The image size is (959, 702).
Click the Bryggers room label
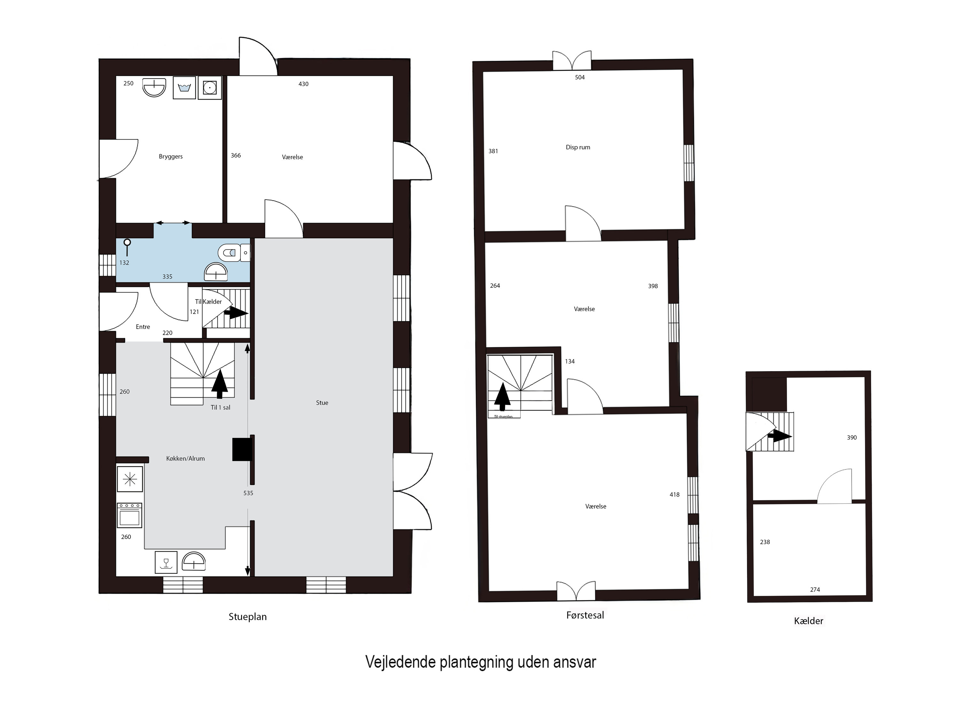(x=170, y=156)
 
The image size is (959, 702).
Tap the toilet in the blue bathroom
(x=230, y=253)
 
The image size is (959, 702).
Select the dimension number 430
(x=303, y=84)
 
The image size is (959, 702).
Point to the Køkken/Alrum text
(x=185, y=458)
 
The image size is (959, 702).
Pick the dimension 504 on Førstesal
(x=580, y=77)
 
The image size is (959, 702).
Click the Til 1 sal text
(x=220, y=407)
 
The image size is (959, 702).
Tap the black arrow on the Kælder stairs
(x=781, y=436)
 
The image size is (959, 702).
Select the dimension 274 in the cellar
(x=815, y=589)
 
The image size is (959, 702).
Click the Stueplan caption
(x=247, y=617)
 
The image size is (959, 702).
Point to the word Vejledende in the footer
(x=400, y=662)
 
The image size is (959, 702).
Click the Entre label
(x=143, y=327)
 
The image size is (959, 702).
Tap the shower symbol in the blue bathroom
(x=127, y=246)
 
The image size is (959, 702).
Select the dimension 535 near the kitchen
(x=248, y=493)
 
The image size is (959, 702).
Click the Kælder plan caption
(x=808, y=621)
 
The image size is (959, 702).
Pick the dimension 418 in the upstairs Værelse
(x=674, y=494)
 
